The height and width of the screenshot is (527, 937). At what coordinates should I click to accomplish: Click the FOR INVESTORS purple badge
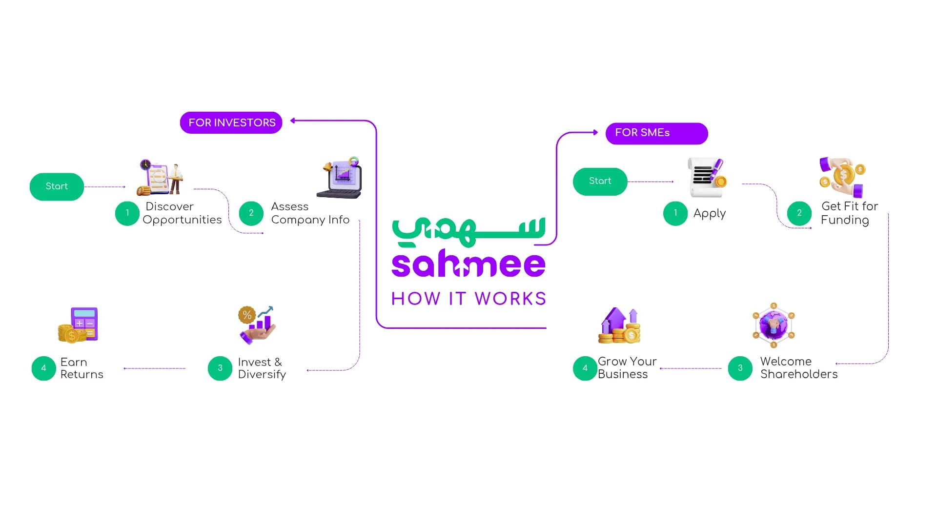pos(231,122)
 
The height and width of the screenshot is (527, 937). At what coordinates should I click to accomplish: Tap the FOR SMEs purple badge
pos(656,133)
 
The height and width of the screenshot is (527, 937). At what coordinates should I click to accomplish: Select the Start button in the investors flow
pos(57,186)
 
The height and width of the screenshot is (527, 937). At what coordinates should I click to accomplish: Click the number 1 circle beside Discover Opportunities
pos(127,213)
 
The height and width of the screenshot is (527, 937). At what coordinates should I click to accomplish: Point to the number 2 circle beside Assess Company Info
pos(251,213)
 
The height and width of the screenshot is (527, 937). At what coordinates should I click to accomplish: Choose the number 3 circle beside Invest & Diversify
pos(220,368)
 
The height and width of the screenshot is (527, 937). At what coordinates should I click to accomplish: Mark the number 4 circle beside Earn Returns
pos(44,368)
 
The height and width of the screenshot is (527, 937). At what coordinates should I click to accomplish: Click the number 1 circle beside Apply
pos(675,213)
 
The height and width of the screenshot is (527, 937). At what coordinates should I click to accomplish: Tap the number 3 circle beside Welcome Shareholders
pos(740,368)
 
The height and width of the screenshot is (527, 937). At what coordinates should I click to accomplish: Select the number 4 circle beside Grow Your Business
pos(585,368)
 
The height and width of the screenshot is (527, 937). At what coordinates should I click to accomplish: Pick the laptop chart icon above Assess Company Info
pos(341,178)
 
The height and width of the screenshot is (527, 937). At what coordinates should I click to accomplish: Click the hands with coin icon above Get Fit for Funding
pos(842,177)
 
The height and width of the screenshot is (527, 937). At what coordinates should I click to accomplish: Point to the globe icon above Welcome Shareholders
pos(774,325)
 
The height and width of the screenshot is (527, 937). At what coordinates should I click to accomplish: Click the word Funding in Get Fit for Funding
pos(845,220)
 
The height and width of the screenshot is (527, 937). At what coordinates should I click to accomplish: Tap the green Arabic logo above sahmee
pos(468,230)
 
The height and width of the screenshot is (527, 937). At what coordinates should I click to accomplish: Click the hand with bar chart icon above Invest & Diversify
pos(257,324)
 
